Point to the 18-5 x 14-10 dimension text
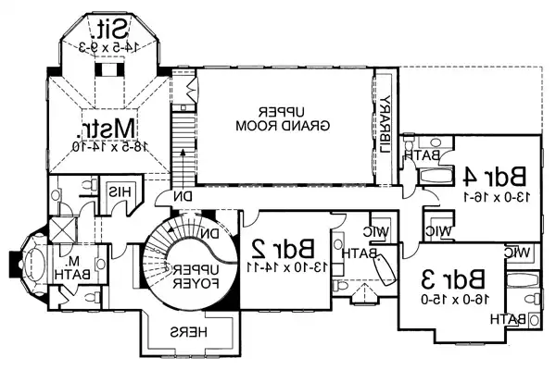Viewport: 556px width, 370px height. [x=106, y=144]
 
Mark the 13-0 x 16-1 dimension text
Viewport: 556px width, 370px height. [x=496, y=196]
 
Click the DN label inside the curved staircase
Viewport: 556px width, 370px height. [x=212, y=234]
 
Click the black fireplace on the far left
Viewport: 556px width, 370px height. [x=15, y=263]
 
